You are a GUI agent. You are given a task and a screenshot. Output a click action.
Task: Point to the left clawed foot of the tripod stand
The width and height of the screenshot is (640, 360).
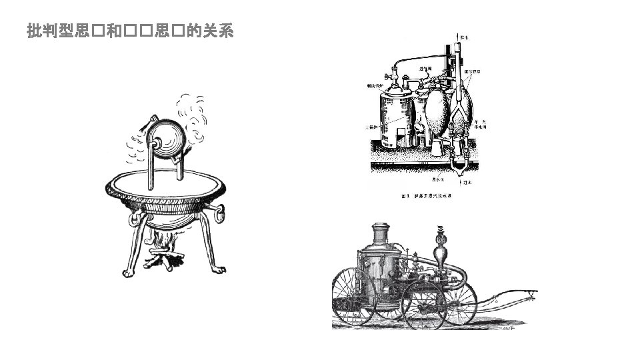(x=129, y=271)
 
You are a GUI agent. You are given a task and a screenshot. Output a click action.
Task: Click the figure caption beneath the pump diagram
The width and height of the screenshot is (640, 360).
(x=430, y=197)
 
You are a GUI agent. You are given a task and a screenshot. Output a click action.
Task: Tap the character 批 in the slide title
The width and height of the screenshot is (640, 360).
(x=33, y=31)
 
